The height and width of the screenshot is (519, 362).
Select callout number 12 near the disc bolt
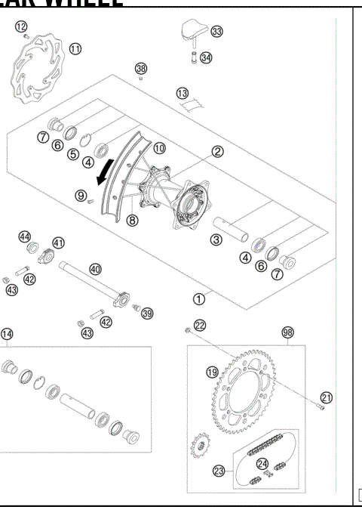20,25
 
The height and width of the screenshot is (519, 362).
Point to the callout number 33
217,31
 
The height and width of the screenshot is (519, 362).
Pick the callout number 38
141,69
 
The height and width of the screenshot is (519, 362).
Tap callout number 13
183,93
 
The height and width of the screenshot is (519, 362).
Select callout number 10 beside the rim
159,149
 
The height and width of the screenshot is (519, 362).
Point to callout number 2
216,151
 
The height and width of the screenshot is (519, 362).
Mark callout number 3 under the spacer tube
216,240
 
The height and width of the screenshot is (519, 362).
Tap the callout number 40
95,268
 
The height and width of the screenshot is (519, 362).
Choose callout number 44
24,236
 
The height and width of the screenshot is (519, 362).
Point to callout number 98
287,332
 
